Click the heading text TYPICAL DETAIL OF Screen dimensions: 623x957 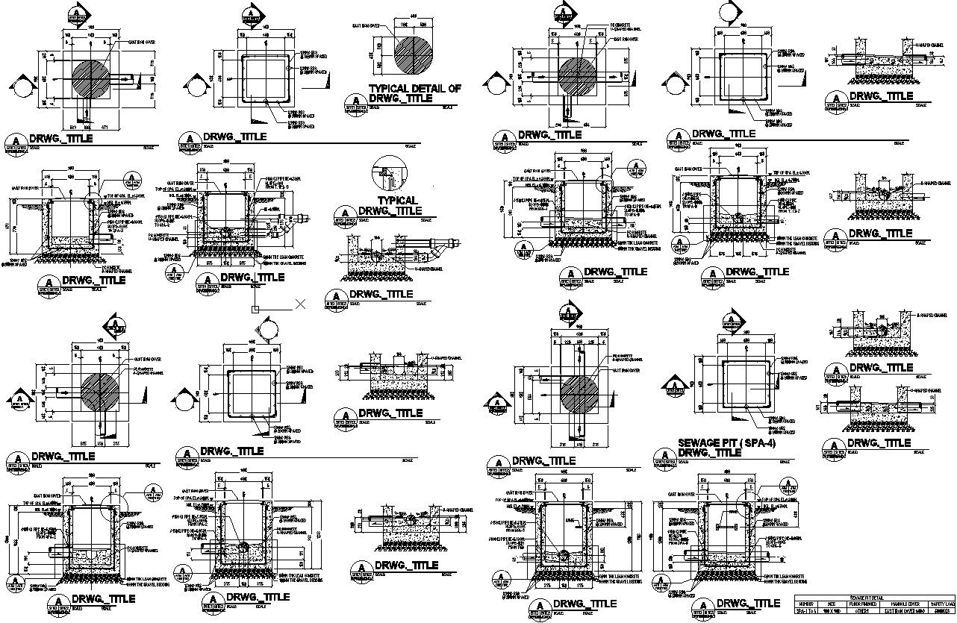coord(415,88)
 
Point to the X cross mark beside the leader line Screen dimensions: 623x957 coord(301,304)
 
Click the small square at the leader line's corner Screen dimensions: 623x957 coord(255,309)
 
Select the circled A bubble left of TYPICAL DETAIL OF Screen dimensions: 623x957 coord(355,99)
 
